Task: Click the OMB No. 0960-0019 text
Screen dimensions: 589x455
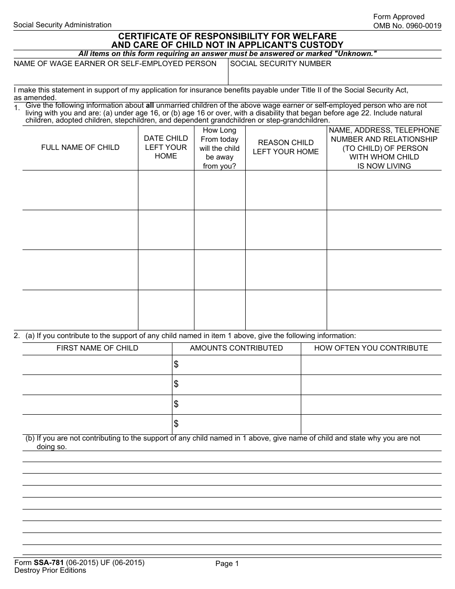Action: point(407,26)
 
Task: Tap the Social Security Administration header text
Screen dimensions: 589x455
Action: point(62,25)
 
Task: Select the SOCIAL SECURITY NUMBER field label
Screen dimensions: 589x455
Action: point(281,64)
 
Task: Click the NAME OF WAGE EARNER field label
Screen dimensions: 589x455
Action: point(115,64)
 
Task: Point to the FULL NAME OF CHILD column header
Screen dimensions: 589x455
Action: point(80,147)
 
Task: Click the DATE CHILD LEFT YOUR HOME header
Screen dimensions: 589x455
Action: point(166,147)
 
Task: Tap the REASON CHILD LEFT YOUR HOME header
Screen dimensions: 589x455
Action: point(285,147)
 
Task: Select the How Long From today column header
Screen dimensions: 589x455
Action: point(219,148)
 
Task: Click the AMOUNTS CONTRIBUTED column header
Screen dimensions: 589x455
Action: point(236,348)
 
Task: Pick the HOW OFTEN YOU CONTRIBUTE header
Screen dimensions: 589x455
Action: point(371,348)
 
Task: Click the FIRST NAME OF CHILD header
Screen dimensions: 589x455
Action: point(97,348)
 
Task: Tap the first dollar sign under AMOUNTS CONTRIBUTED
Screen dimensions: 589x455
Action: point(176,365)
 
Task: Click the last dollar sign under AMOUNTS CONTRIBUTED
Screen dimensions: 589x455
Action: point(176,424)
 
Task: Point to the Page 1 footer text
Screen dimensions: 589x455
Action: point(227,564)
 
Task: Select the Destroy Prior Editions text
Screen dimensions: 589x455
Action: point(50,570)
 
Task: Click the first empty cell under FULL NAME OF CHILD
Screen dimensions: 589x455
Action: point(80,190)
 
